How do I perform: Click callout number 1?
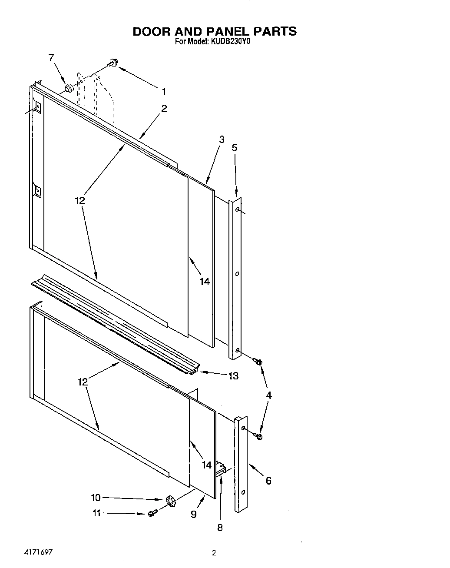tap(164, 91)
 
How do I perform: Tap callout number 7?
tap(51, 57)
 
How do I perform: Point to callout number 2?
tap(164, 109)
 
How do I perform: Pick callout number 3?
tap(222, 140)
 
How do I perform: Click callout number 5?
tap(235, 148)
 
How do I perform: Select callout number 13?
tap(233, 376)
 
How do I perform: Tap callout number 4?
tap(269, 395)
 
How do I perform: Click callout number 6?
tap(268, 480)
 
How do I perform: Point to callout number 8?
tap(220, 528)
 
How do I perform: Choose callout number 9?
tap(194, 515)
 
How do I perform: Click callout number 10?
tap(96, 498)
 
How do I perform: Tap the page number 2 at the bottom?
tap(213, 553)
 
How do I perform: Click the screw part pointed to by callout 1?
tap(112, 63)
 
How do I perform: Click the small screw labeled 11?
tap(152, 514)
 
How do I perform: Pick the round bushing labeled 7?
tap(68, 89)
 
